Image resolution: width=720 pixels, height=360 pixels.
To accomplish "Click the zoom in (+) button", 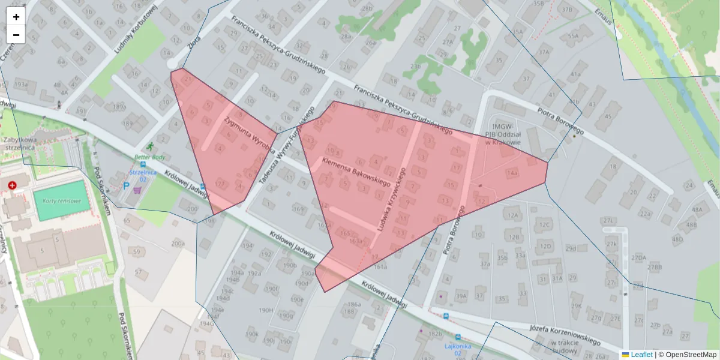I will pos(16,17).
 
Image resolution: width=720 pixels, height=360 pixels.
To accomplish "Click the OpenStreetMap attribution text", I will pos(687,355).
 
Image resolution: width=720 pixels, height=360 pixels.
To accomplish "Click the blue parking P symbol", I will pos(126,186).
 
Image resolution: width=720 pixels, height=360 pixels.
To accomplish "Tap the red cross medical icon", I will pos(13,186).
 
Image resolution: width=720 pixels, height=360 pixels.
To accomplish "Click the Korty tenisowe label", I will pos(61,200).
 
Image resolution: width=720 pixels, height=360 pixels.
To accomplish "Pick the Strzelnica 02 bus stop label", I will pos(142,175).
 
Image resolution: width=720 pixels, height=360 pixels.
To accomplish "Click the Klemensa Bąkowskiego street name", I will pos(356,170).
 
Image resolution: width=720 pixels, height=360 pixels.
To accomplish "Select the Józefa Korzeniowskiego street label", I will pos(565,335).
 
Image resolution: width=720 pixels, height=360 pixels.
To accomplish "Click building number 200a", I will pos(178,244).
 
